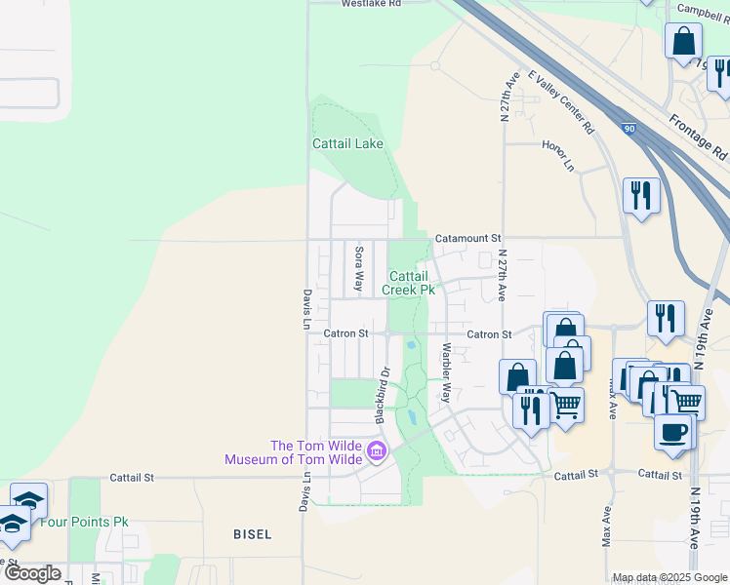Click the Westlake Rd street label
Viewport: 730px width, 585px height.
tap(371, 4)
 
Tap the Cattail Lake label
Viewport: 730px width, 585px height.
tap(347, 143)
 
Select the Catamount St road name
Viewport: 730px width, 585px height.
tap(467, 238)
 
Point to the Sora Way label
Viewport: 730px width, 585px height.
tap(358, 269)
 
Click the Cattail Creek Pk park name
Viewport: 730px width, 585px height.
tap(411, 283)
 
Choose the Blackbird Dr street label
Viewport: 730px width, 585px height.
tap(384, 393)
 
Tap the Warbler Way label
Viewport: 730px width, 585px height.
tap(446, 372)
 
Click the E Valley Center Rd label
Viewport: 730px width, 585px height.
tap(561, 100)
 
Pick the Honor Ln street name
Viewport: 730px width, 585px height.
tap(558, 155)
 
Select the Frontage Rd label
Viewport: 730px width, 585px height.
tap(699, 137)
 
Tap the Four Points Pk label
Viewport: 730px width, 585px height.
tap(84, 522)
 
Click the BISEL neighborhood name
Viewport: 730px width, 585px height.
tap(253, 534)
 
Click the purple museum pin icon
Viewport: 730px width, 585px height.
tap(377, 451)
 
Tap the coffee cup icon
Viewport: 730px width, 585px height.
tap(672, 432)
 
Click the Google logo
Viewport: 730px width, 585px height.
tap(32, 573)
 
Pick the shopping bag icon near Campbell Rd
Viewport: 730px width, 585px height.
tap(684, 42)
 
